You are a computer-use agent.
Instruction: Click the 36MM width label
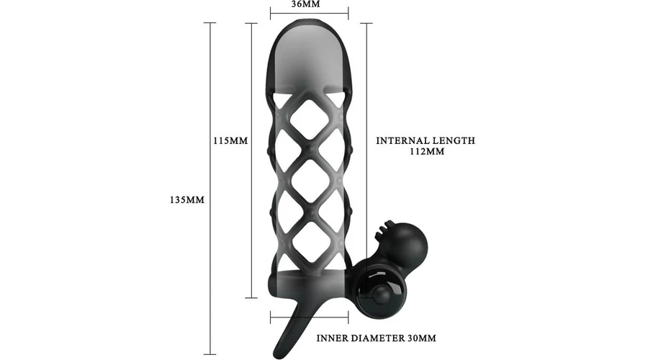pyautogui.click(x=306, y=4)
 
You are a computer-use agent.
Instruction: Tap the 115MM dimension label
pyautogui.click(x=230, y=140)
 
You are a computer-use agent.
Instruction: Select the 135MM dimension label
pyautogui.click(x=187, y=200)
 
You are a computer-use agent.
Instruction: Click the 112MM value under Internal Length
pyautogui.click(x=427, y=151)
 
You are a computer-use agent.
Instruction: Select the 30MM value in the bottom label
pyautogui.click(x=422, y=338)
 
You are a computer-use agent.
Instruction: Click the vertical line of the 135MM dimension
pyautogui.click(x=210, y=189)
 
